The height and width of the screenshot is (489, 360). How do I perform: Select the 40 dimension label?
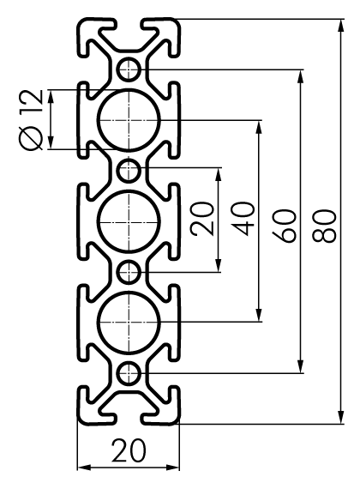click(x=243, y=219)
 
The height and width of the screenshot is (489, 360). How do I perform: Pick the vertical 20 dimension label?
click(x=202, y=219)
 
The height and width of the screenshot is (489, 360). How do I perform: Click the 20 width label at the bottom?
click(x=129, y=450)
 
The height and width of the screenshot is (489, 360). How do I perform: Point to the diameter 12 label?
click(x=30, y=119)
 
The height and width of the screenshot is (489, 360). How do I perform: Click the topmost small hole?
click(x=129, y=69)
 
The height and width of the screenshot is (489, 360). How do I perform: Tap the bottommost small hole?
click(x=129, y=373)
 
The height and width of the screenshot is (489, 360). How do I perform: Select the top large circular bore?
click(x=129, y=120)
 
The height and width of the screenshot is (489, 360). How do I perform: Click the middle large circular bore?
click(x=129, y=221)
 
